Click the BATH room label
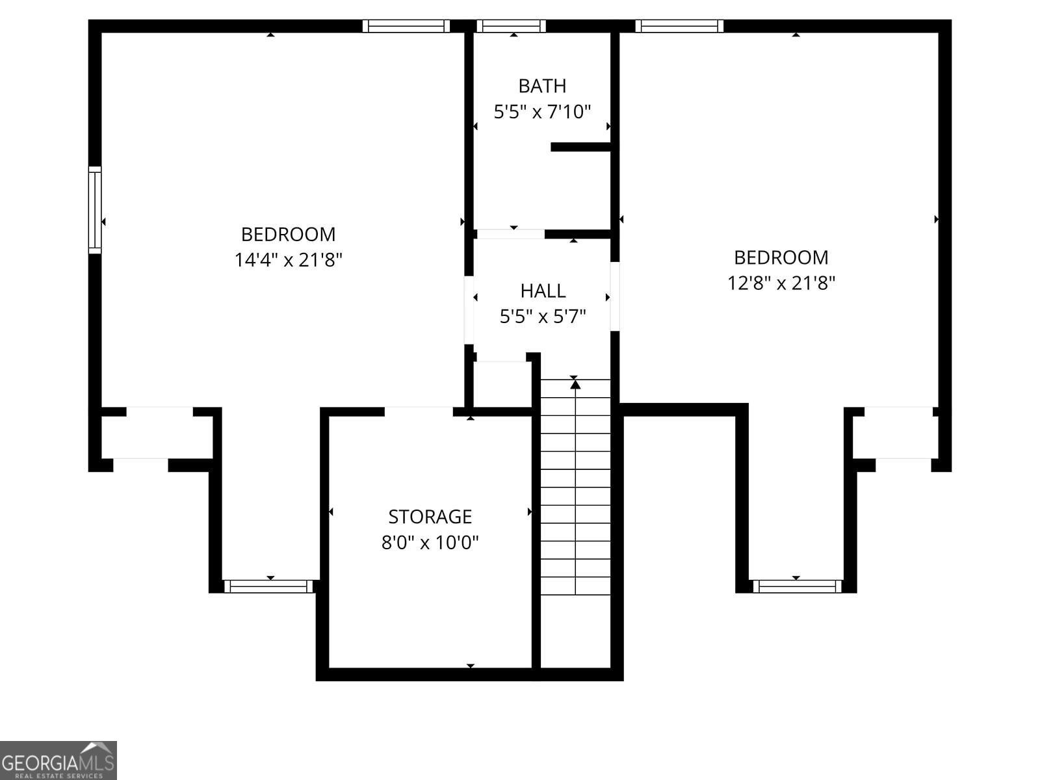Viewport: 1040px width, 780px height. pos(542,86)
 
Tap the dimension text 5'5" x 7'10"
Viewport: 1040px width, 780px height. pos(542,112)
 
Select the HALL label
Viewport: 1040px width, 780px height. pos(543,291)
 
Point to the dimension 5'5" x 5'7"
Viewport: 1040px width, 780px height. pos(543,317)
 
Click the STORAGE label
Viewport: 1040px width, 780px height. pos(430,517)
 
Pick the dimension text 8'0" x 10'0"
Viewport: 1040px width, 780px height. pos(430,542)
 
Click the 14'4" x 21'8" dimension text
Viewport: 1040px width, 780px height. pos(288,260)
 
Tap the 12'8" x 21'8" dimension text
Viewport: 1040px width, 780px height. pos(781,283)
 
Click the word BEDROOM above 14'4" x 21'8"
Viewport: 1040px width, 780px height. pos(288,235)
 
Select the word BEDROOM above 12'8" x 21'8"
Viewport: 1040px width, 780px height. pos(781,257)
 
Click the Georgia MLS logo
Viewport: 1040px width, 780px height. pos(58,760)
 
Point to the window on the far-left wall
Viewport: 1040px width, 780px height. pos(95,210)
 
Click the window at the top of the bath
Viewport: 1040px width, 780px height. pos(512,26)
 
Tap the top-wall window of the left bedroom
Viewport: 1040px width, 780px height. pos(406,26)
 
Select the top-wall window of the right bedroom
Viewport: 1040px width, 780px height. pos(679,26)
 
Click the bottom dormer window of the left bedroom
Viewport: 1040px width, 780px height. pos(268,586)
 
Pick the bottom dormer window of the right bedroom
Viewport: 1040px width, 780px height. pos(798,586)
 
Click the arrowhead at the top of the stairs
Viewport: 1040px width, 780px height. pos(575,384)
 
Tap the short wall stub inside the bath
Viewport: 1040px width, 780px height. pos(581,147)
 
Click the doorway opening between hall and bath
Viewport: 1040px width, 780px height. pos(511,234)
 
